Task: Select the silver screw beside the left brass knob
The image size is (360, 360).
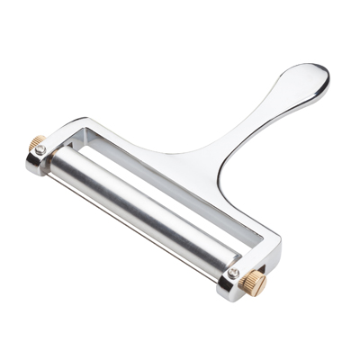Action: tap(41, 150)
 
